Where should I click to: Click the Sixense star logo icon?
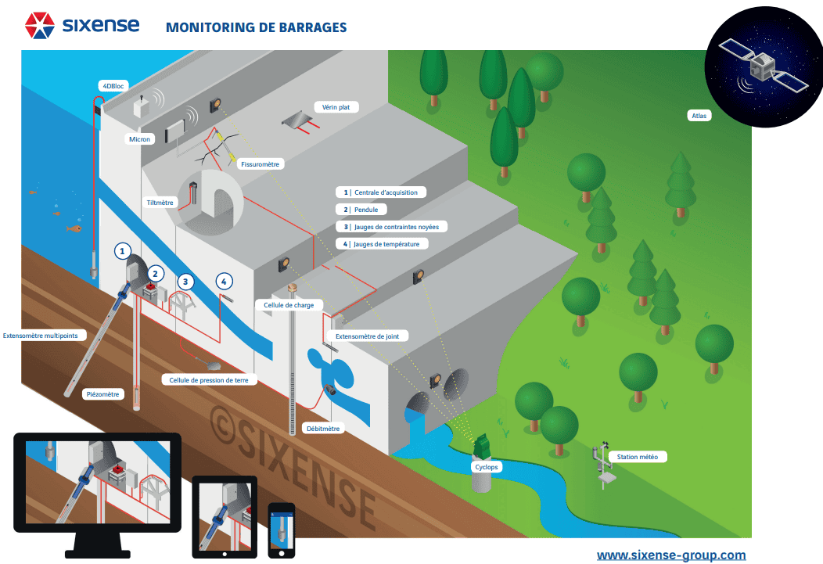tap(39, 26)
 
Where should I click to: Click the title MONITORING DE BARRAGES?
tap(256, 27)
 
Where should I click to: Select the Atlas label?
tap(699, 116)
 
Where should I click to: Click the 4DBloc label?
tap(110, 84)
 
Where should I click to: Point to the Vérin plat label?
tap(336, 108)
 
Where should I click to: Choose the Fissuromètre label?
tap(261, 165)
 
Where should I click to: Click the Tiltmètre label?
tap(160, 203)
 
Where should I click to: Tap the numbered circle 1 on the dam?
tap(122, 251)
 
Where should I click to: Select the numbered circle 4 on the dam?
tap(224, 281)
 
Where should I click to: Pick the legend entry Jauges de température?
tap(386, 244)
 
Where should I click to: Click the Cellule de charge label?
tap(284, 304)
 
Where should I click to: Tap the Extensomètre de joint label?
tap(372, 336)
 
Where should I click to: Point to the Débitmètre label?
tap(323, 429)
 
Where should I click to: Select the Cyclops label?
tap(486, 467)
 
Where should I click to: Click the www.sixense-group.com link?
tap(671, 555)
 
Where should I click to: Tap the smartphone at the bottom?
tap(281, 530)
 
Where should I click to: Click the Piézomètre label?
tap(102, 394)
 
